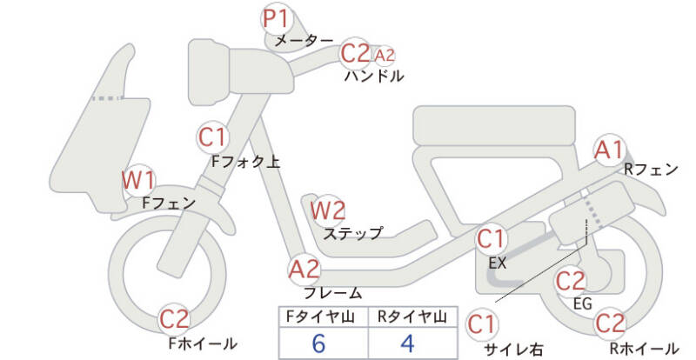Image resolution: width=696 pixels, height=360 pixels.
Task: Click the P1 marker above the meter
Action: (277, 17)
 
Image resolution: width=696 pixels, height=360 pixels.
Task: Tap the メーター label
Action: (303, 41)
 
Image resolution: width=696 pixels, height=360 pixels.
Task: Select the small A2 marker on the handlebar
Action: (384, 55)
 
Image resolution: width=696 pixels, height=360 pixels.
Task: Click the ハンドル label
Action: (374, 76)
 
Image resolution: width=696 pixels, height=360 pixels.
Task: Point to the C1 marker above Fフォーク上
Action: (213, 137)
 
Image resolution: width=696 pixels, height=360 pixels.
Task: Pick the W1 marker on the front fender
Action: (138, 181)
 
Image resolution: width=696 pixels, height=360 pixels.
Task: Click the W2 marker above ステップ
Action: (328, 210)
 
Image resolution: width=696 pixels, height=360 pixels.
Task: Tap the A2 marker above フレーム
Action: (304, 269)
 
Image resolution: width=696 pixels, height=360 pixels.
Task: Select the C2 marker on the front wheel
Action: (175, 318)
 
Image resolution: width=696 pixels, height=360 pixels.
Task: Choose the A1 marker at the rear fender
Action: (609, 150)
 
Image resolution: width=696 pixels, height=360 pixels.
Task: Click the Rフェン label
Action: (651, 170)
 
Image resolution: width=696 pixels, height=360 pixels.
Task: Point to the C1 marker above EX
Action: (492, 237)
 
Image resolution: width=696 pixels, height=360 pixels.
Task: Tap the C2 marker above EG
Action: (571, 281)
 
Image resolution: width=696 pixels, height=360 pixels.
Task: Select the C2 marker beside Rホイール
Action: (611, 323)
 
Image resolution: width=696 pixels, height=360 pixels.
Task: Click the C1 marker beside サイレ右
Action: (481, 325)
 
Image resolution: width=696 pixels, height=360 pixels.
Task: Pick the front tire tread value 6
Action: (319, 342)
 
